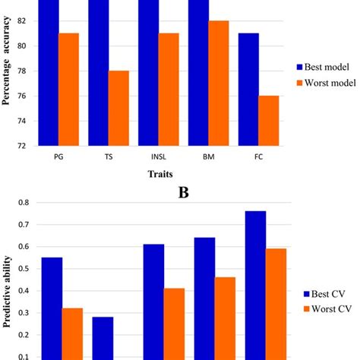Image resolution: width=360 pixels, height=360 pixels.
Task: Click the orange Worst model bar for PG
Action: pyautogui.click(x=70, y=89)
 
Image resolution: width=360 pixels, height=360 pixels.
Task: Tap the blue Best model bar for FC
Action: pyautogui.click(x=248, y=89)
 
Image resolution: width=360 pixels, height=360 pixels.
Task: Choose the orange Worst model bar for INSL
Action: pyautogui.click(x=169, y=89)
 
